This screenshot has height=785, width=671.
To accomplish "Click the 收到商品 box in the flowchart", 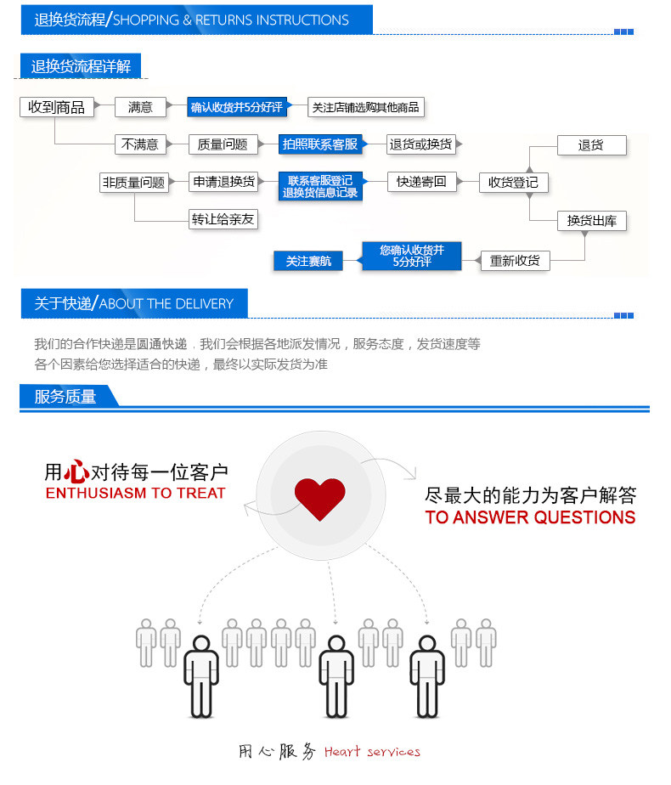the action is click(56, 107).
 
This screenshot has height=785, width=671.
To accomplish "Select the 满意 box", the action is click(140, 107).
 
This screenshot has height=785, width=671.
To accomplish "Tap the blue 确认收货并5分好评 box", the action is click(235, 107).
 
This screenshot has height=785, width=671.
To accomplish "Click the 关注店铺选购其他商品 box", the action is click(365, 107).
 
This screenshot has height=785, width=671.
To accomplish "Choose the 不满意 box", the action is click(140, 144).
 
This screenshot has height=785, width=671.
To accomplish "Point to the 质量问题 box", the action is click(223, 144).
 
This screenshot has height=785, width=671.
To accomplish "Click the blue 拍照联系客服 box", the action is click(320, 144).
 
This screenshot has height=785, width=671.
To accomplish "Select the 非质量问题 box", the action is click(134, 182).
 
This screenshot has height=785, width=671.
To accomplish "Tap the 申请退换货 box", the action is click(223, 182).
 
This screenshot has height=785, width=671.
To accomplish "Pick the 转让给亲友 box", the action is click(223, 219).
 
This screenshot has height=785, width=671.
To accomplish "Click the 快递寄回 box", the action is click(421, 182).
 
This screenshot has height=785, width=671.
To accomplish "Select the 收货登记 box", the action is click(514, 183).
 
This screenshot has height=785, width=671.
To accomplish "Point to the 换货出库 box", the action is click(592, 221).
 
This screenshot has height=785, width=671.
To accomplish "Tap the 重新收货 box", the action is click(515, 261).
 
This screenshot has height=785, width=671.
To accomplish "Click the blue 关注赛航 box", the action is click(307, 262).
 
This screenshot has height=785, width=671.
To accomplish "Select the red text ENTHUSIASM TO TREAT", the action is click(135, 494).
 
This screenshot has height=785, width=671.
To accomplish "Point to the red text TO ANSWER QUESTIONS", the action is click(530, 517).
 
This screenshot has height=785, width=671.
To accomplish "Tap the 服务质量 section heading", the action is click(65, 397).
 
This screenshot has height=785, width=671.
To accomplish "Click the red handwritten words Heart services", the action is click(372, 752).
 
